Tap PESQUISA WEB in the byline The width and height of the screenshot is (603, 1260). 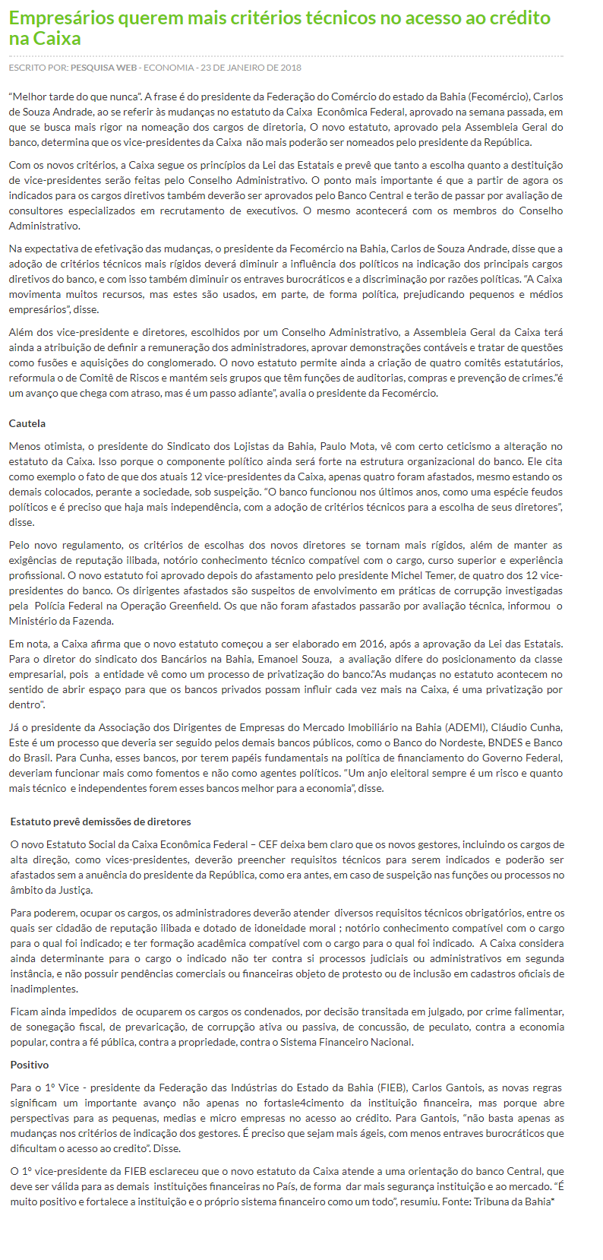[103, 68]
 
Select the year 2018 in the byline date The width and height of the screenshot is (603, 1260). [289, 68]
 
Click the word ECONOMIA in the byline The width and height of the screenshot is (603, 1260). [169, 68]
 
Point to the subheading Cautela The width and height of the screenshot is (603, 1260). [27, 423]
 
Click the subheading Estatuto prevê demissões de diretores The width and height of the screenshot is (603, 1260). [100, 822]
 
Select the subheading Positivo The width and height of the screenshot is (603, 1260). [30, 1065]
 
